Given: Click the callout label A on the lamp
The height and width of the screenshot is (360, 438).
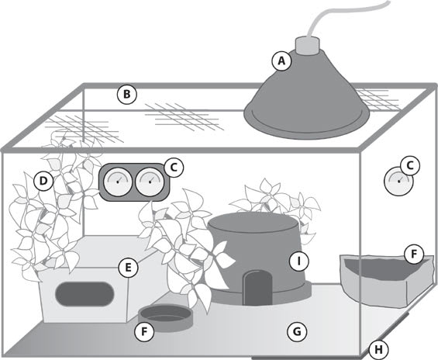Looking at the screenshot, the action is [x=282, y=61].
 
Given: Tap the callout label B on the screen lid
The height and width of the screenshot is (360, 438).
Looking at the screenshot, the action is [x=127, y=95].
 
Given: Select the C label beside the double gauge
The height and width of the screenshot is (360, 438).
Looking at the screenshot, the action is [x=174, y=168].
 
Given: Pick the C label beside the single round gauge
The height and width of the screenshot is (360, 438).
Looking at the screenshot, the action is [x=410, y=166].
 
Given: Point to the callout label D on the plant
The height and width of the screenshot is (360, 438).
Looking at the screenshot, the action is [x=43, y=181].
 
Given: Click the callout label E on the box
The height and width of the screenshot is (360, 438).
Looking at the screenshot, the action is [x=128, y=268].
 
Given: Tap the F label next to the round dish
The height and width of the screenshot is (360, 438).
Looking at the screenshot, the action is [x=144, y=332].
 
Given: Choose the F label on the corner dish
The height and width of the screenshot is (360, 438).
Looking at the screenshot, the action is [x=414, y=254].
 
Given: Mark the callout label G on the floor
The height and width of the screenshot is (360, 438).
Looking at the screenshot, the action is [x=297, y=332].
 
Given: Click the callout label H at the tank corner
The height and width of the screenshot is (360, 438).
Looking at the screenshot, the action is [x=378, y=350].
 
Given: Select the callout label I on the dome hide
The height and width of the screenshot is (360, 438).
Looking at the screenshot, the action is [x=299, y=261].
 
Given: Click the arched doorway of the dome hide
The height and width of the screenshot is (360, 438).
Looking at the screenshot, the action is [x=257, y=288].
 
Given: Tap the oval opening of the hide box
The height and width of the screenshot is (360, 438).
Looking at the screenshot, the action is [x=84, y=294].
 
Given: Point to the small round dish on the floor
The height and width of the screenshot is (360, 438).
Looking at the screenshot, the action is [x=166, y=318].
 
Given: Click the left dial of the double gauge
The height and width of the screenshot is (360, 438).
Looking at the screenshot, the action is [x=118, y=182].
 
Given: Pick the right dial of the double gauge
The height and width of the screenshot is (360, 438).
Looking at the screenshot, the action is [x=150, y=182].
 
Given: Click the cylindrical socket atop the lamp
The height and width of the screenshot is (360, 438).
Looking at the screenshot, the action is [x=307, y=46].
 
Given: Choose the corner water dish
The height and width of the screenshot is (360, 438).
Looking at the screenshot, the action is [x=387, y=281].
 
